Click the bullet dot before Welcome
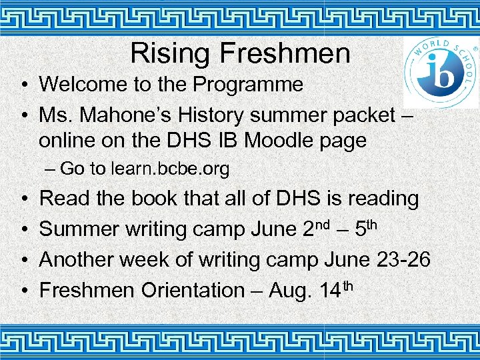coord(23,85)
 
